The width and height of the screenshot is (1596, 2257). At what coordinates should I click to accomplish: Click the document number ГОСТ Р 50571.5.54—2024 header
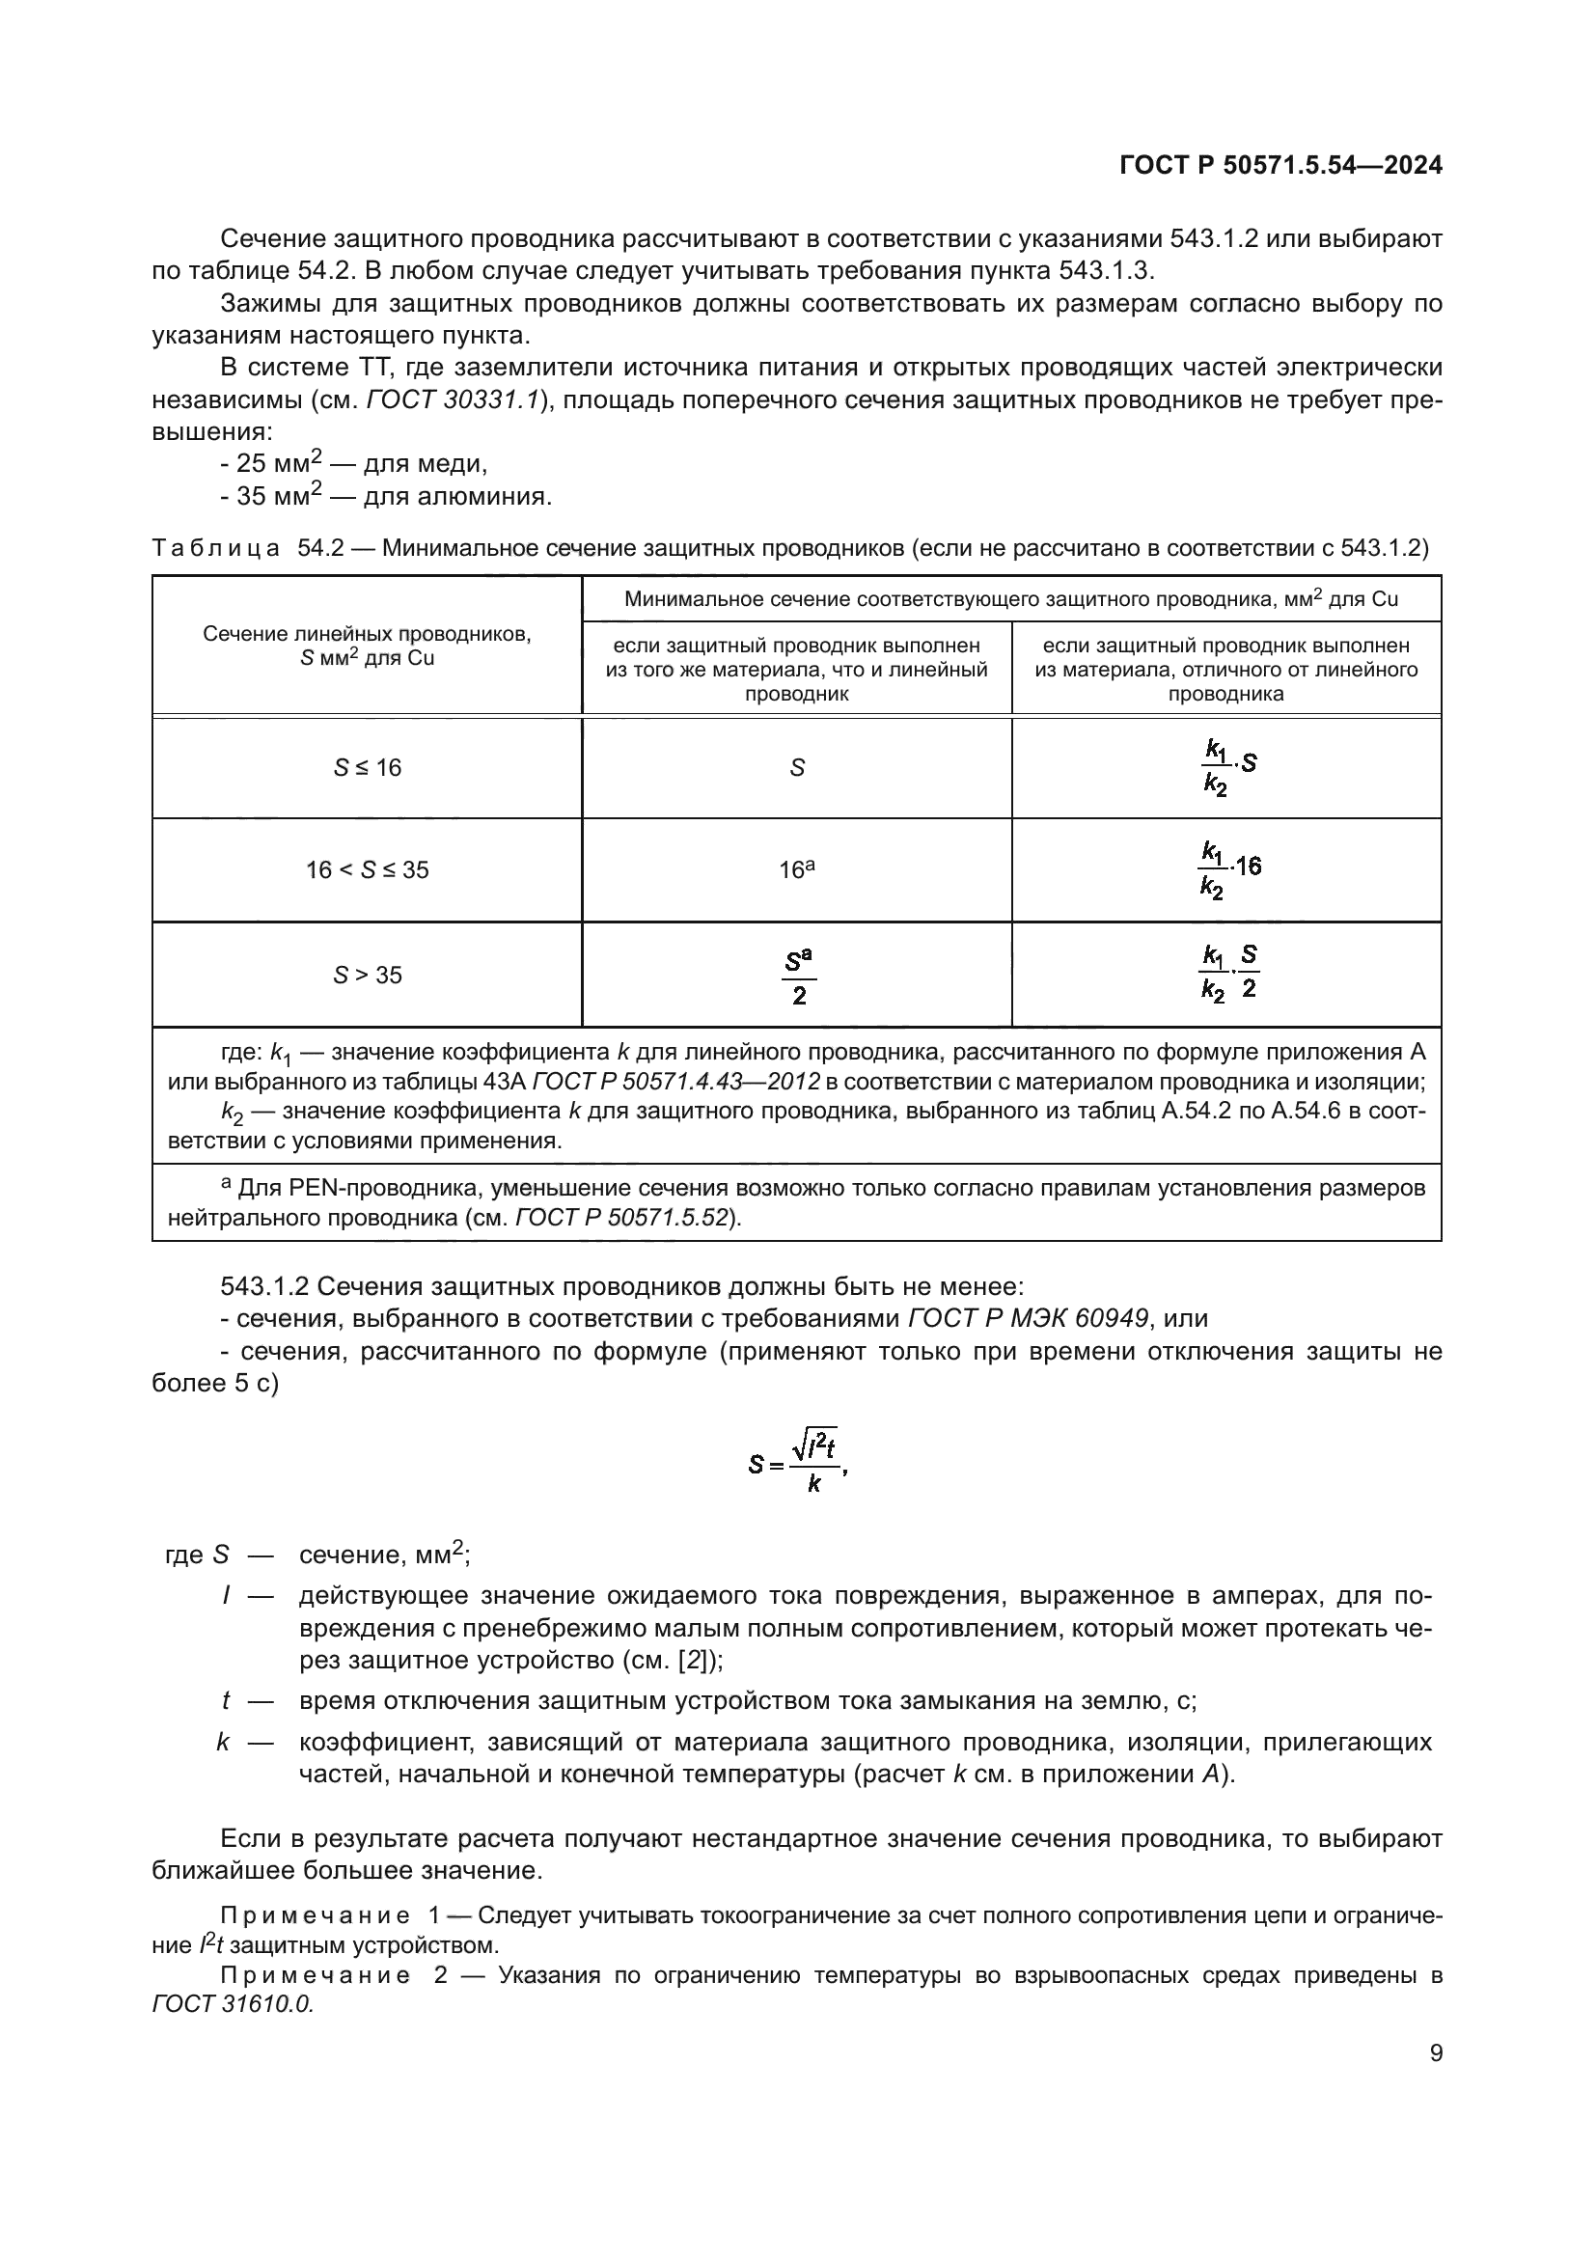pos(1280,165)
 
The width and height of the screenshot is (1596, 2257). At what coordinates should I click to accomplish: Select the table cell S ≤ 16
pos(367,768)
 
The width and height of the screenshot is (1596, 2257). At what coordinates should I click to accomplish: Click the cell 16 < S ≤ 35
pos(367,870)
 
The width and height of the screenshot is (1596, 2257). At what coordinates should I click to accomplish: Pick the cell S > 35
pos(367,976)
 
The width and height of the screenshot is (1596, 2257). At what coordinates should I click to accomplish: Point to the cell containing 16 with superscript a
pos(796,869)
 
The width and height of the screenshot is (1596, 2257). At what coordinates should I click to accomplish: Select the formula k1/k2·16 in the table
pos(1228,869)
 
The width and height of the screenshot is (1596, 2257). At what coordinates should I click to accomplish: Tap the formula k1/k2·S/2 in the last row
pos(1228,973)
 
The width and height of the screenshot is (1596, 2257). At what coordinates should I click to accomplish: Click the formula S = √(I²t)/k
pos(797,1465)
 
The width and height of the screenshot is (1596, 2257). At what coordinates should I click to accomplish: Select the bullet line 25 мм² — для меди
pos(354,463)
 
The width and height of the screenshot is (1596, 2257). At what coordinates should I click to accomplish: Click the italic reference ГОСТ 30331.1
pos(454,400)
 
